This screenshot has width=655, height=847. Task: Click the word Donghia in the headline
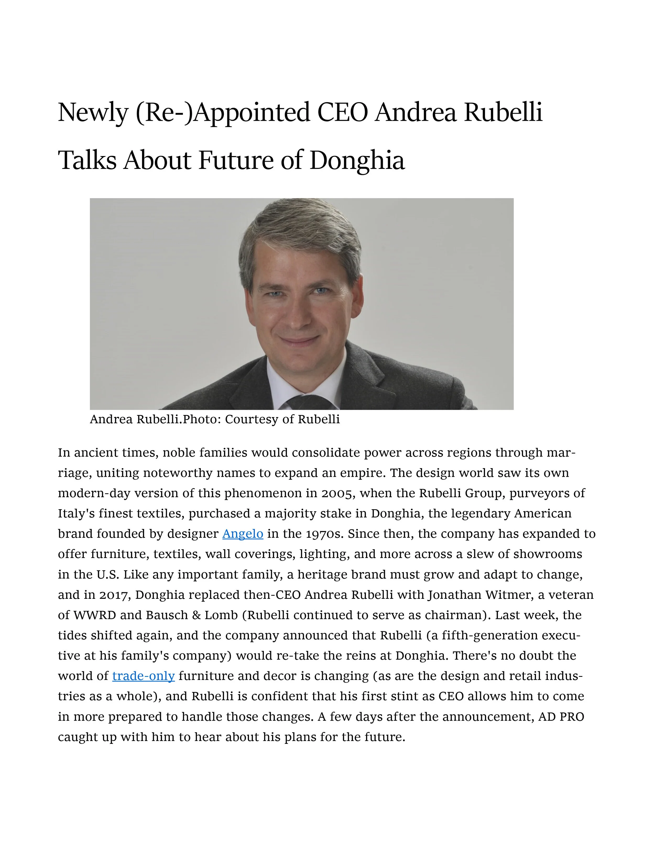[357, 160]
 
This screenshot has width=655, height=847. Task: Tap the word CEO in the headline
[342, 113]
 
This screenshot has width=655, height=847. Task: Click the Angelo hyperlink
[243, 534]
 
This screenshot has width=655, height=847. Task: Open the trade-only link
[143, 676]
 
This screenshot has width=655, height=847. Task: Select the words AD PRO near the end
[561, 717]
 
